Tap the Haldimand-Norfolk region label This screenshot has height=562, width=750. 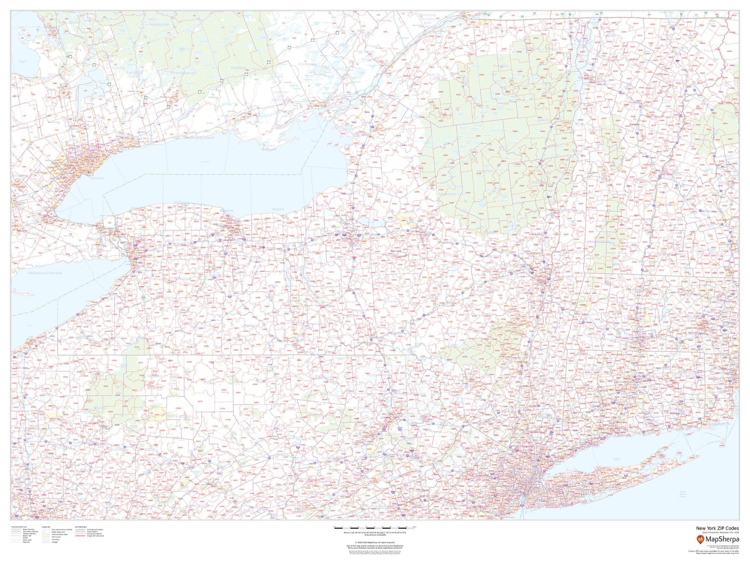click(x=45, y=273)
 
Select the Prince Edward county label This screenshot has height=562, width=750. click(x=269, y=147)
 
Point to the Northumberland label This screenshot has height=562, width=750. click(x=199, y=138)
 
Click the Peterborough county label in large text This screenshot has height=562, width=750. click(x=184, y=73)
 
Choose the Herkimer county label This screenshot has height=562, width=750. click(x=447, y=194)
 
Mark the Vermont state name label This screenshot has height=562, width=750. click(x=634, y=124)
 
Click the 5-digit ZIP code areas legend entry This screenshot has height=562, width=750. click(x=96, y=536)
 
